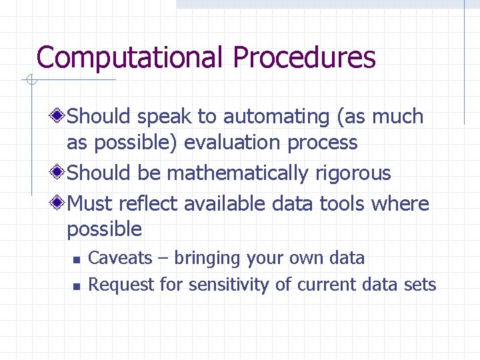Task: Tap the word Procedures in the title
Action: (x=304, y=57)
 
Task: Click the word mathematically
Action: (x=237, y=173)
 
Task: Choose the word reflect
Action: (x=154, y=203)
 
